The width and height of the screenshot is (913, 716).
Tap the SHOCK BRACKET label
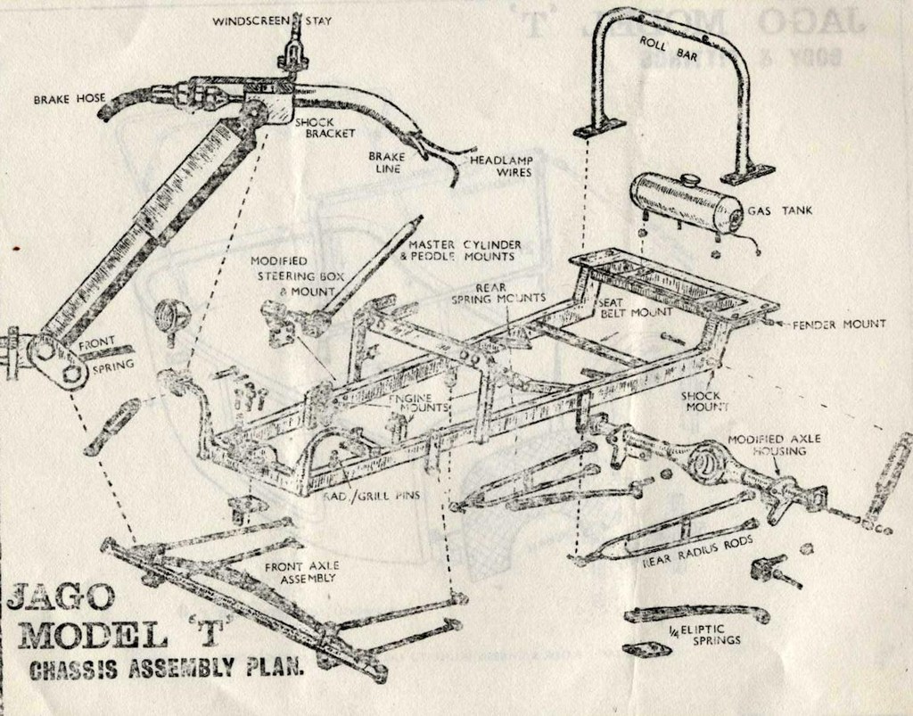point(325,128)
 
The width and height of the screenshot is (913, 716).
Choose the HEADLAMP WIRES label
point(501,166)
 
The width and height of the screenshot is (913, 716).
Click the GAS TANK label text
point(780,211)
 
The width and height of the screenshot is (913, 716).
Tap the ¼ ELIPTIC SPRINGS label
point(704,635)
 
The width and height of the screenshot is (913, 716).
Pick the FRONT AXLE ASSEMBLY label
point(300,572)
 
